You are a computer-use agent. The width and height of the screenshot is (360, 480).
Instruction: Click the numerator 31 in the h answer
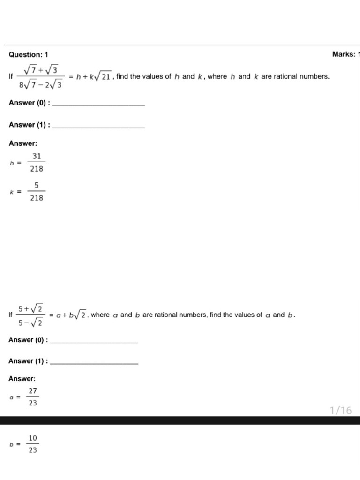click(37, 156)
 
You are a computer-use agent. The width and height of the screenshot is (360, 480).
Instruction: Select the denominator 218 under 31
click(37, 169)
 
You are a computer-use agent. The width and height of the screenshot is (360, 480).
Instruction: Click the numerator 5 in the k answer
click(37, 186)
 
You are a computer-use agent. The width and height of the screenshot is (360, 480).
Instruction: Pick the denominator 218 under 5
click(37, 198)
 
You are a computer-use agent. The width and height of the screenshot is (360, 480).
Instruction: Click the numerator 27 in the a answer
click(33, 390)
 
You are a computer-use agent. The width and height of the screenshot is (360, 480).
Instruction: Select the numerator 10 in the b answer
click(33, 438)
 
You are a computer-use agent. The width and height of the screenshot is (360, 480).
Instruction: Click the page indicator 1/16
click(340, 411)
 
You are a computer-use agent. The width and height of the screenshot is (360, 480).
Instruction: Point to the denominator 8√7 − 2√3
click(41, 85)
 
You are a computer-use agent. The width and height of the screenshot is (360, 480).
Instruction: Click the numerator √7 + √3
click(41, 70)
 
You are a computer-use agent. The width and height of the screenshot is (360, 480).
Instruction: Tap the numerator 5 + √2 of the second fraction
click(31, 308)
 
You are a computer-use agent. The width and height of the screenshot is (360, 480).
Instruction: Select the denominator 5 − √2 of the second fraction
click(31, 322)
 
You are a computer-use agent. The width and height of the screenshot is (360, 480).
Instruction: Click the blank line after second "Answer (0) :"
click(94, 342)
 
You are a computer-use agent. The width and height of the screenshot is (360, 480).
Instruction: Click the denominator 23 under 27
click(33, 403)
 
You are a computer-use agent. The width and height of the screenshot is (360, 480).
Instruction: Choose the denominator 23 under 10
click(33, 450)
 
